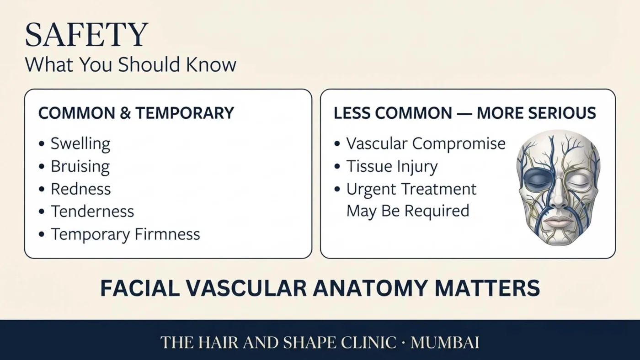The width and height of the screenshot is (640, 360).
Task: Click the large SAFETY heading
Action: coord(86,35)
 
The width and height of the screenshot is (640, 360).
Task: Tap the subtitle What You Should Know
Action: coord(131,64)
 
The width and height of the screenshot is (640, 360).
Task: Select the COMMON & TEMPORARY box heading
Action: coord(136,112)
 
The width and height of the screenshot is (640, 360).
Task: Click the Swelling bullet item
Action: coord(80,144)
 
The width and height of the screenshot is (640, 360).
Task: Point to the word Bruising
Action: coord(80,166)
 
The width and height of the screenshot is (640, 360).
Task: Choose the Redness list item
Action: coord(81,189)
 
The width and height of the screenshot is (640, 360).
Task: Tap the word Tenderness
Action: coord(92,212)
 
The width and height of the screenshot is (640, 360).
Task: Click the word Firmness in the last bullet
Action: coord(167,234)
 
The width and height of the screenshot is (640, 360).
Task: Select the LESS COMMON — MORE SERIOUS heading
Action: coord(465,113)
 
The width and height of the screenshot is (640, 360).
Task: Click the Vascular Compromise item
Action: coord(426,143)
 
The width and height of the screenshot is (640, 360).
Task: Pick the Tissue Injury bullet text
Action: coord(392,166)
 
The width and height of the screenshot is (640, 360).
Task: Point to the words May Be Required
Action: coord(408,211)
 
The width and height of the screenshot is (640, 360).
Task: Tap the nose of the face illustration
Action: coord(558,197)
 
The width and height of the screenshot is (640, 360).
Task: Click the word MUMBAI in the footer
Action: coord(445,342)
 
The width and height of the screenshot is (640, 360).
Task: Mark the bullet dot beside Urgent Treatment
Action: coord(337,189)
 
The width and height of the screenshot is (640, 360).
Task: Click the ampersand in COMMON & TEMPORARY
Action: coord(125,113)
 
